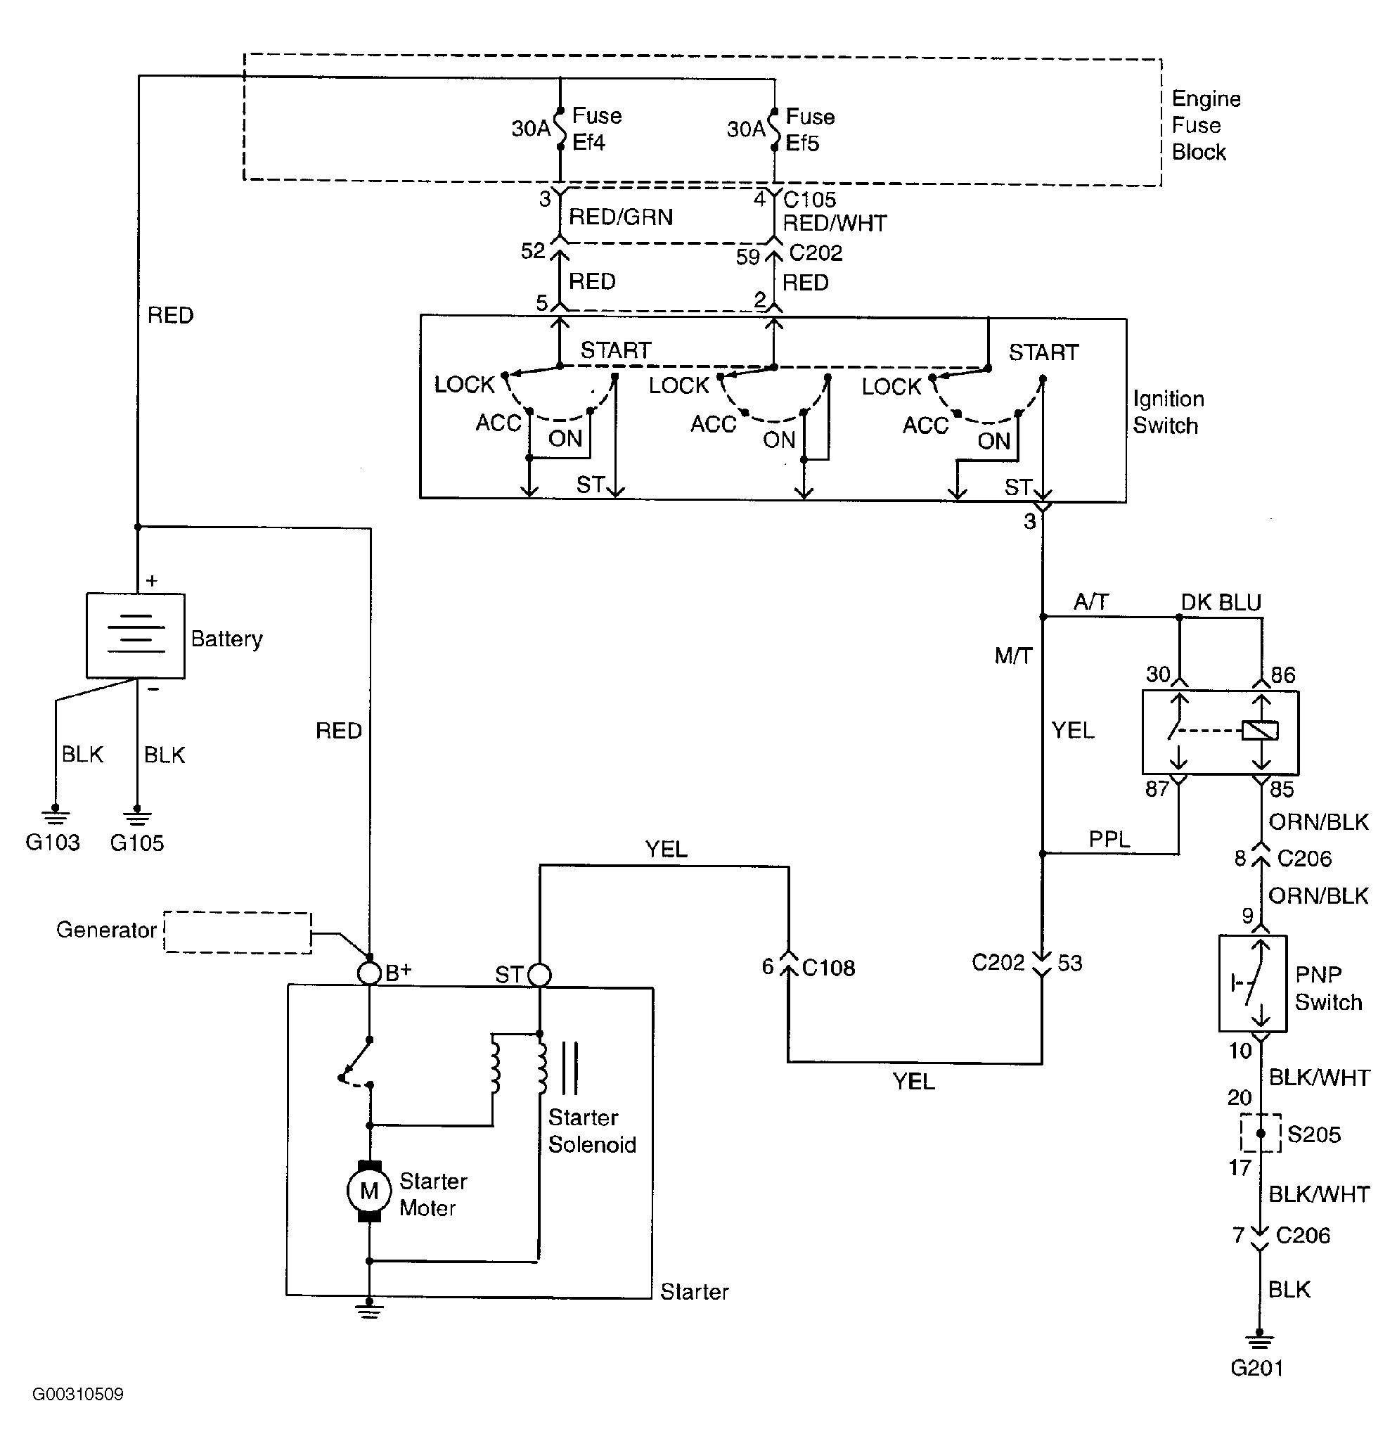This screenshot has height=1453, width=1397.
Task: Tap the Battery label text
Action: click(227, 639)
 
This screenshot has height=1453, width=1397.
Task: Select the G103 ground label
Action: click(53, 842)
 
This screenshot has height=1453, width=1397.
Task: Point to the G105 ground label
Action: click(137, 843)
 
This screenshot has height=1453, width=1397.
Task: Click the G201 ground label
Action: click(1257, 1368)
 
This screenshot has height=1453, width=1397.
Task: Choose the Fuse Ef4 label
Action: click(597, 129)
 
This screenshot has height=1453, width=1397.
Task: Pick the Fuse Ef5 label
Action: click(810, 129)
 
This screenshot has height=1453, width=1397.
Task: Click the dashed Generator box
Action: click(237, 932)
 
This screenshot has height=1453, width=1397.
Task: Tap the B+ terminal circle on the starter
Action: click(369, 973)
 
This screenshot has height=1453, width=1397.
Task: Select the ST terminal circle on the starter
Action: click(539, 975)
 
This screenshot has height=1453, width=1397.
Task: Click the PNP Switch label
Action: click(1328, 988)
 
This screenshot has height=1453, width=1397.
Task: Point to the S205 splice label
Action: click(1314, 1134)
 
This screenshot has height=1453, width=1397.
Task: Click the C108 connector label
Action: click(828, 968)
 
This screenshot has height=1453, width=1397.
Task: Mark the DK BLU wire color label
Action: click(1221, 603)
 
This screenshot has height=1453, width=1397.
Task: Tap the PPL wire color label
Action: click(1109, 839)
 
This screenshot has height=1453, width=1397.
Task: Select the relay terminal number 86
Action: click(1284, 674)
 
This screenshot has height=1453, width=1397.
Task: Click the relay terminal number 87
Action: click(1157, 789)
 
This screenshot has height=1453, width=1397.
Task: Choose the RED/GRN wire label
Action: click(621, 217)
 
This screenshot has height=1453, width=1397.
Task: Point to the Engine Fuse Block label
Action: click(1206, 125)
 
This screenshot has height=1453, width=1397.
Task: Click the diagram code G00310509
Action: click(78, 1395)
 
